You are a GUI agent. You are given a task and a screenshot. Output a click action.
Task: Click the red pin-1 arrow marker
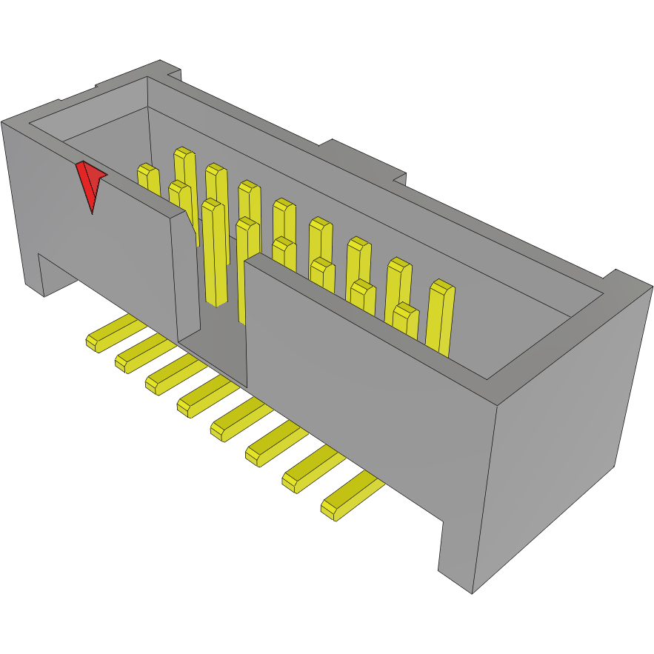click(x=90, y=184)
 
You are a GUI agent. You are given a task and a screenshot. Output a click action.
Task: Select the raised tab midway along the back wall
click(x=367, y=159)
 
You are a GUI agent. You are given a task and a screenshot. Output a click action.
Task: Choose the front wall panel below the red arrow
click(x=111, y=244)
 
